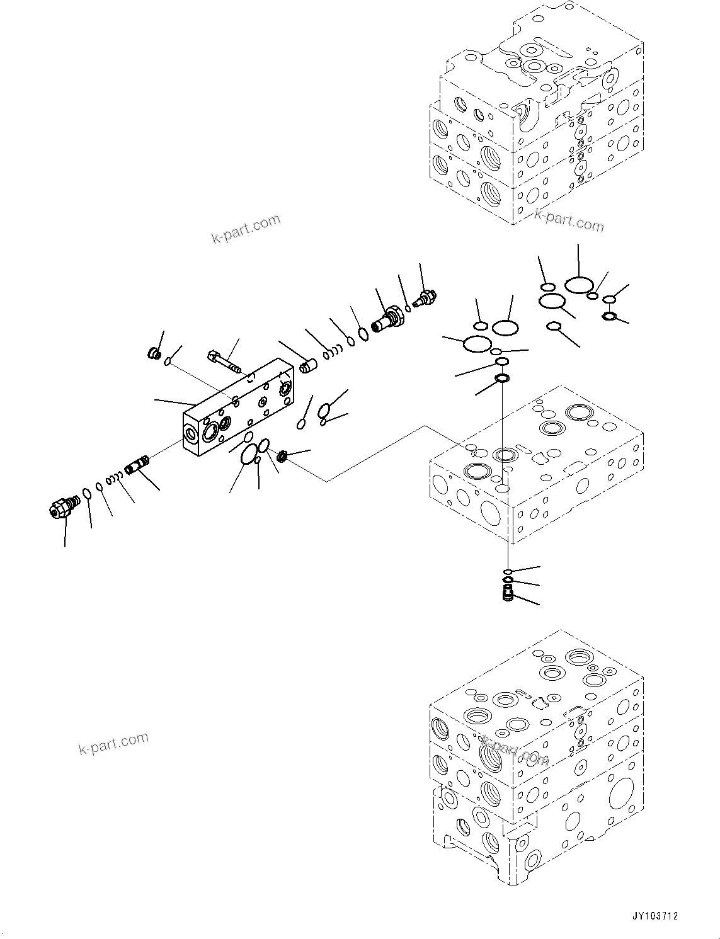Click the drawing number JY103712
(656, 916)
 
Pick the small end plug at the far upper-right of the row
(428, 295)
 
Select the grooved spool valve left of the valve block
(136, 466)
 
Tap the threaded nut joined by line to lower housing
(283, 456)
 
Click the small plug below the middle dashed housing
(508, 593)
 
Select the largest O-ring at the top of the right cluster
(578, 285)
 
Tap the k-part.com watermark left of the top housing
(246, 229)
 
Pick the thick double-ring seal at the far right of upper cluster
(609, 316)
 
